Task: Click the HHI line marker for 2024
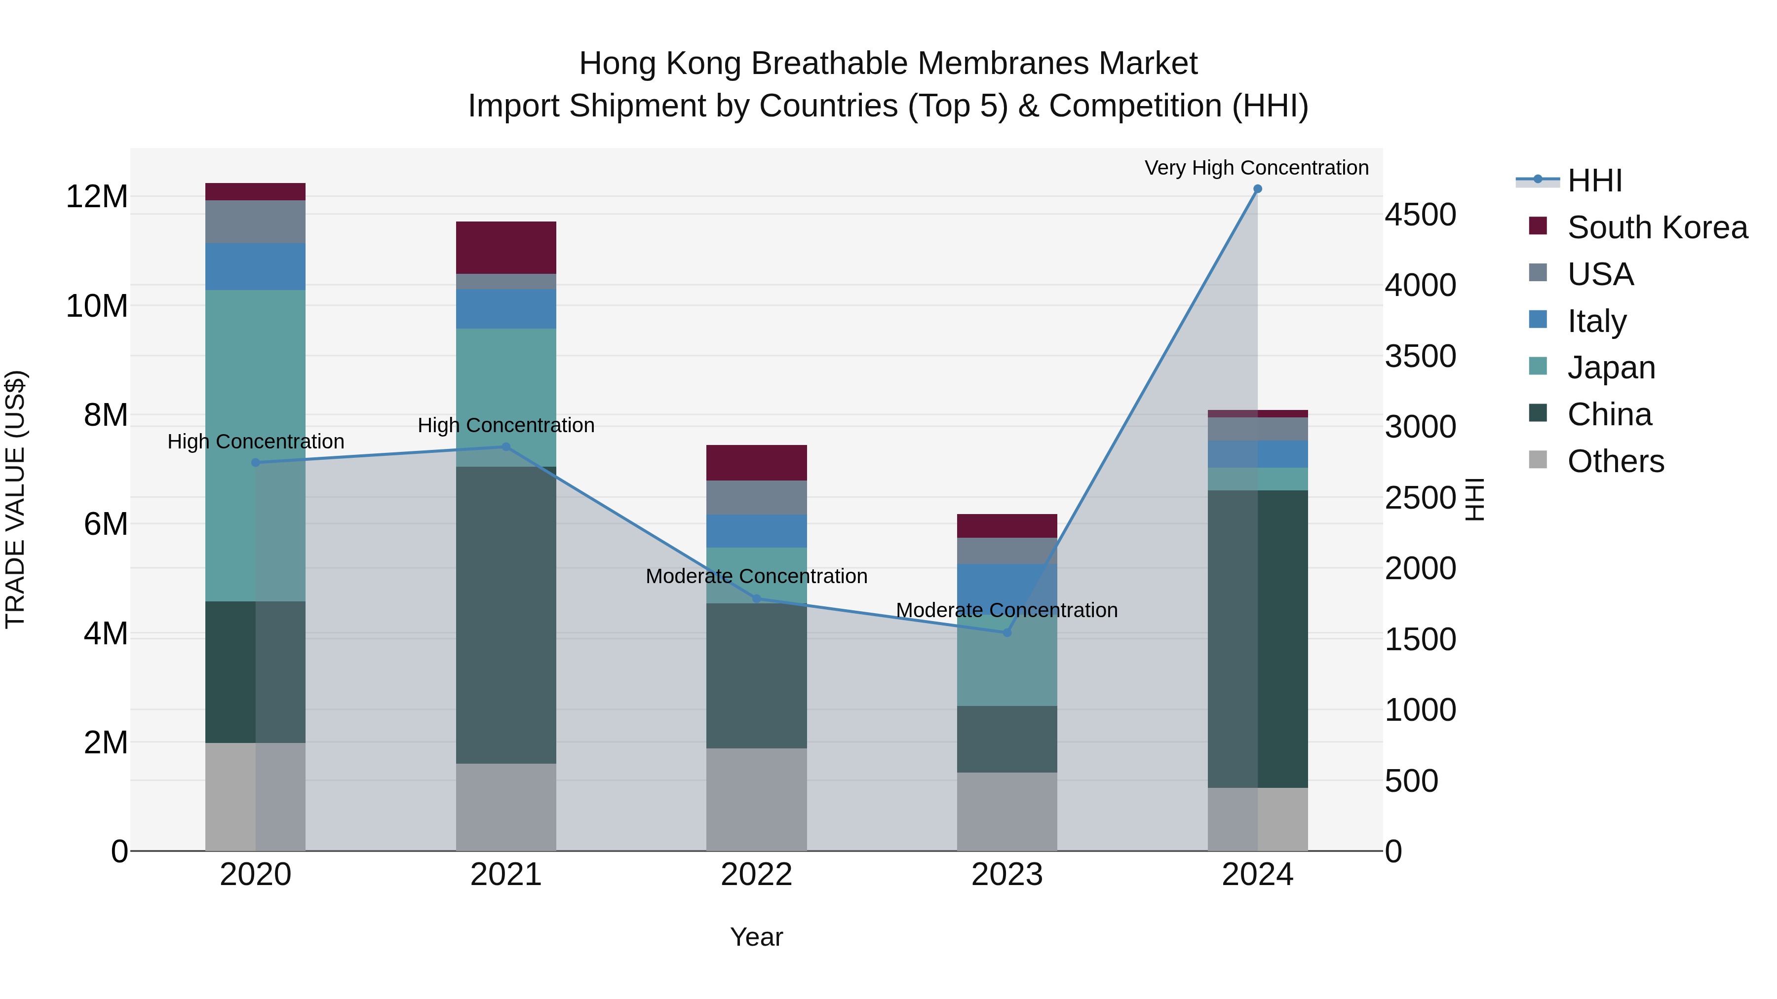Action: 1257,189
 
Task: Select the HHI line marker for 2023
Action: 1006,632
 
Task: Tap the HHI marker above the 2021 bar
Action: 505,447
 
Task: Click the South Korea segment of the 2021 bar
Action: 505,248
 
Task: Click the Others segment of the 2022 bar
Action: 756,800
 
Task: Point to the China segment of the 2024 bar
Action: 1257,638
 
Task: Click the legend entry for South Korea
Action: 1656,227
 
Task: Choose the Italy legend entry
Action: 1596,321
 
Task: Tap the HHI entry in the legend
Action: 1594,181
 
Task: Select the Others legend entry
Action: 1615,461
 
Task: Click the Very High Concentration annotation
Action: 1256,168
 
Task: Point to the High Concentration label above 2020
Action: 255,441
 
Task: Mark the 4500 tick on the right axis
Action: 1420,215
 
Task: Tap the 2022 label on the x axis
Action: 756,875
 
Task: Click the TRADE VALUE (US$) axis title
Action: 16,499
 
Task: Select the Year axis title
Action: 756,937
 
